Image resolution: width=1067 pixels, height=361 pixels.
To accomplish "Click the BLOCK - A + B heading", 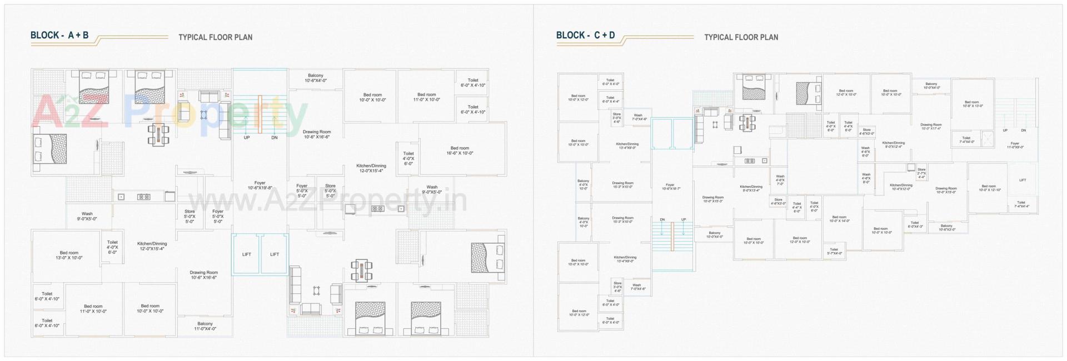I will click(x=59, y=36).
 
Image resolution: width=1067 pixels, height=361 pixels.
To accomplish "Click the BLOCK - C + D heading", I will click(x=585, y=36).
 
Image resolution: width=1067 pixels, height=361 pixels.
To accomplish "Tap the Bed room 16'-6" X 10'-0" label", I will click(x=460, y=151).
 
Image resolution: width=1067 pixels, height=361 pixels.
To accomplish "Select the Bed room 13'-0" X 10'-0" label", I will click(x=69, y=255).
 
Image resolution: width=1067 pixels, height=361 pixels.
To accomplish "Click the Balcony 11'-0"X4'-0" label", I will click(x=205, y=326).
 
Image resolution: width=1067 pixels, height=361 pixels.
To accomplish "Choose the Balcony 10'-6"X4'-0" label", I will click(x=315, y=78).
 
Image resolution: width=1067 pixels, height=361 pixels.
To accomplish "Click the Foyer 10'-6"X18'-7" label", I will click(x=671, y=187).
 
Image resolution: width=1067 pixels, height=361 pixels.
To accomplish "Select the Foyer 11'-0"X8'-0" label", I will click(x=1015, y=146).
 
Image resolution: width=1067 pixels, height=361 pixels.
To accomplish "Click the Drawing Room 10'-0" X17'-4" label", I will click(x=931, y=127).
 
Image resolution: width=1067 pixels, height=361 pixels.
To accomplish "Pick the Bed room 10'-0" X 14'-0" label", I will click(x=839, y=219).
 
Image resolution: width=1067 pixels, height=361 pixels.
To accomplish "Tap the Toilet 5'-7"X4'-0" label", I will click(x=834, y=251).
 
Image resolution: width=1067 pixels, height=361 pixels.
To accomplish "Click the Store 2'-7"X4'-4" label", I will click(x=921, y=173).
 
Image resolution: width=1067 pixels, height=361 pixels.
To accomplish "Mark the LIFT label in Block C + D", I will click(x=1023, y=180).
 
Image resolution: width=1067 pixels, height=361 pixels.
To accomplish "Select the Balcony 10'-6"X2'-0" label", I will click(x=946, y=228).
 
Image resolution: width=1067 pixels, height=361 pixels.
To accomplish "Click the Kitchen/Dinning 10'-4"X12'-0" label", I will click(x=901, y=187).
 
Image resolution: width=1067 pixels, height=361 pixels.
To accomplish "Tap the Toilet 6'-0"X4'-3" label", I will click(x=915, y=225).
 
